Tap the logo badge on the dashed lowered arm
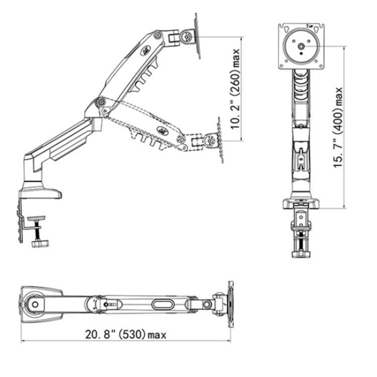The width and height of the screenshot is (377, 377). [x=163, y=130]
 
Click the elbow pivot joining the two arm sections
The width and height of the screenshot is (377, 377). [x=102, y=102]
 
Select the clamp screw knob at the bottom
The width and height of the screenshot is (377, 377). [x=39, y=244]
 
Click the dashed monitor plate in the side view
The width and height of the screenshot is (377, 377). [x=219, y=139]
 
